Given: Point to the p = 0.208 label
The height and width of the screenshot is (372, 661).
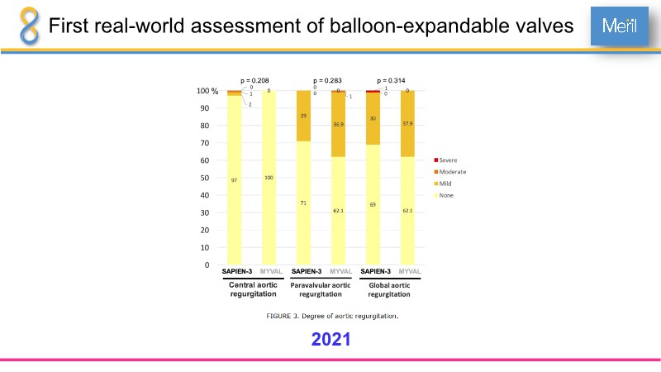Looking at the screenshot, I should click(254, 81).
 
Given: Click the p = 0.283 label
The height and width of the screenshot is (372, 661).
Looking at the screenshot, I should click(327, 81).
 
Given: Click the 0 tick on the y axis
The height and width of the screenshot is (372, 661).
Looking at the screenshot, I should click(207, 265).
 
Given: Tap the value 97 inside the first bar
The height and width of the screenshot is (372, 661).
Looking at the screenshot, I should click(235, 179).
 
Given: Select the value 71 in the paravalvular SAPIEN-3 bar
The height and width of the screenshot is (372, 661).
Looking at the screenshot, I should click(304, 203).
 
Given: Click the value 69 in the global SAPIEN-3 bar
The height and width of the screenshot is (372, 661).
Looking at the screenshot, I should click(373, 203).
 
